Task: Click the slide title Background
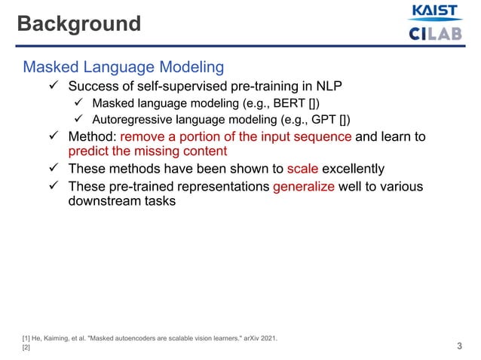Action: pos(79,24)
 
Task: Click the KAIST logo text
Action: pos(434,12)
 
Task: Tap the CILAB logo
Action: pos(434,34)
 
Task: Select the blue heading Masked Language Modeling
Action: pos(124,68)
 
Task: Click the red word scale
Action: pos(303,169)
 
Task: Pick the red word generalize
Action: pos(304,186)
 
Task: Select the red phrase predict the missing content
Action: pos(147,151)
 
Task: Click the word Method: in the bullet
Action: pos(92,137)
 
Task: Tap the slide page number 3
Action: pos(460,346)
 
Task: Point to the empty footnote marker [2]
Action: pos(26,347)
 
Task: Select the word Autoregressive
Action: pos(134,120)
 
